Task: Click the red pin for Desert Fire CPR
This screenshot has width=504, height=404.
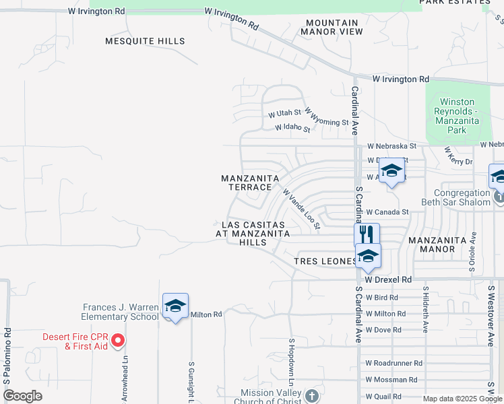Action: tap(118, 341)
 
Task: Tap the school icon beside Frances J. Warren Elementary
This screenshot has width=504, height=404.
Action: tap(175, 306)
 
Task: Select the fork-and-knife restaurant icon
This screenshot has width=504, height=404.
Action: tap(367, 234)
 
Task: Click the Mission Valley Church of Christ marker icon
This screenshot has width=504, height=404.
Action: tap(311, 395)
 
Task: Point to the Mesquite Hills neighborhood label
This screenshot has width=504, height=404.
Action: tap(145, 41)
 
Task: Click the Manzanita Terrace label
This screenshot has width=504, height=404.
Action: tap(251, 182)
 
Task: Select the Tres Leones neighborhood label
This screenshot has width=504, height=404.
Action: tap(325, 261)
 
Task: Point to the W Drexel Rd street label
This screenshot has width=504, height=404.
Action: tap(388, 279)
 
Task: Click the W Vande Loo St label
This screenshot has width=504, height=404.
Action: tap(301, 209)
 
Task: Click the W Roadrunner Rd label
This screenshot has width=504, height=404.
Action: tap(394, 363)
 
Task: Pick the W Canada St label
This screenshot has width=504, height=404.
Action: tap(388, 212)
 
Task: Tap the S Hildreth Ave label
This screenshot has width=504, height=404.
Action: tap(426, 309)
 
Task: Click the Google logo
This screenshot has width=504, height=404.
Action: tap(23, 396)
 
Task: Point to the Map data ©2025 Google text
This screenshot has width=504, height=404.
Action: tap(453, 399)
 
